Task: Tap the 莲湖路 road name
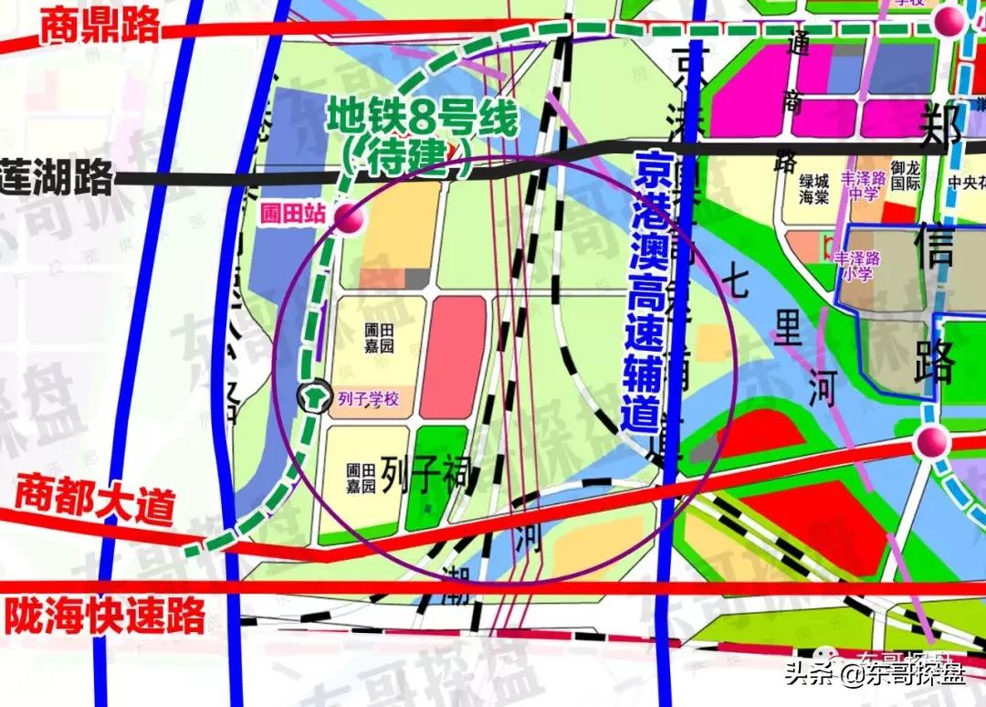click(x=58, y=177)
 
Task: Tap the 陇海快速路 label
click(x=105, y=616)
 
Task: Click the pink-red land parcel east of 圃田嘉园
click(x=456, y=356)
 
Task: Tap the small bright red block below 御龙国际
click(x=899, y=213)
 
